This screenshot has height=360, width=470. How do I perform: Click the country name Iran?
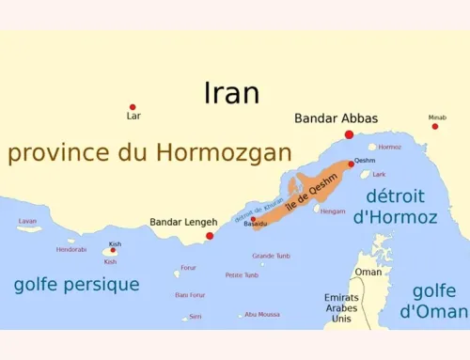pos(232,92)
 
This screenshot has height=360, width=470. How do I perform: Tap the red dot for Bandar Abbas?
pos(350,135)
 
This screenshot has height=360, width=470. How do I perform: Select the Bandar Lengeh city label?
pos(178,223)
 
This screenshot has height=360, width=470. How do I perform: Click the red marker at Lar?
pos(133,107)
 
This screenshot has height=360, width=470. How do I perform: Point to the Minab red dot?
pos(435,127)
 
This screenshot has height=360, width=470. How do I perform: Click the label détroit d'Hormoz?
pos(395,207)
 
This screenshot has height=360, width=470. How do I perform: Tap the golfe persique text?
pos(76,284)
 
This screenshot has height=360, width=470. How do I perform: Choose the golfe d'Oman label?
pos(433,301)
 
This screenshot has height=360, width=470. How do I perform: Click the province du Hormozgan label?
pos(149,154)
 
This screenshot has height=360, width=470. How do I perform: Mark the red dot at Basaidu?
pos(253,219)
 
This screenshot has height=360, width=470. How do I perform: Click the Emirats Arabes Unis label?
pos(341,308)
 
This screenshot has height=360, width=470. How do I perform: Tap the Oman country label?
pos(368,273)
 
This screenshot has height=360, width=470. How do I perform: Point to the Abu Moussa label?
pos(262,314)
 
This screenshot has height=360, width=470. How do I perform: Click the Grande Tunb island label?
pos(271,256)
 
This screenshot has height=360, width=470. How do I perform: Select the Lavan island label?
pos(28,221)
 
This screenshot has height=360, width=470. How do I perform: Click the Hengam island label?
pos(333,211)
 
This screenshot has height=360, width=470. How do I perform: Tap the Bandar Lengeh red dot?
pos(210,236)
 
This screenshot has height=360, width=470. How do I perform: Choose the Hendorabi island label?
pos(71,249)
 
